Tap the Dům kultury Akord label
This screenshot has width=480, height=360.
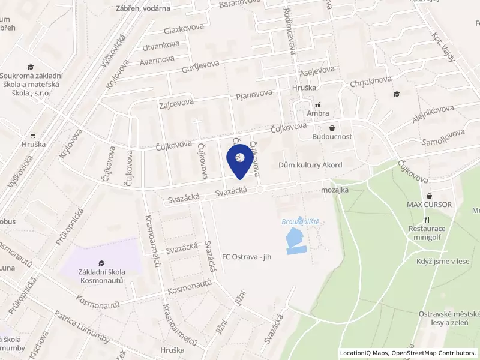[x=310, y=165]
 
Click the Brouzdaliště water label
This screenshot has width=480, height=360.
[x=300, y=221]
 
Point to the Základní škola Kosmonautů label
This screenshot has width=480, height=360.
[x=101, y=276]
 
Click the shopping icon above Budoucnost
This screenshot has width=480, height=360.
[x=332, y=127]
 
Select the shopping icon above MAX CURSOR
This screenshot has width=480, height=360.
[x=430, y=196]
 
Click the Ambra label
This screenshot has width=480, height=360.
[x=317, y=113]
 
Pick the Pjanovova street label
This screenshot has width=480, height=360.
[x=254, y=95]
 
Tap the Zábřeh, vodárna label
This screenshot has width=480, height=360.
[x=143, y=8]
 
